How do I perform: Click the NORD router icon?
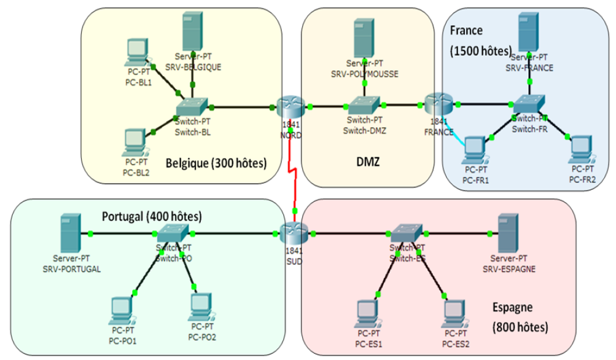click(289, 108)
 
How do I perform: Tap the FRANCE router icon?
click(438, 104)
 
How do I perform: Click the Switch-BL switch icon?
click(192, 107)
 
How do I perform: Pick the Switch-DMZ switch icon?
click(364, 106)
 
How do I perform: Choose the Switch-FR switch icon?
click(529, 104)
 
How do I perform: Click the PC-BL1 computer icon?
click(137, 53)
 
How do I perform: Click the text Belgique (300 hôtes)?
click(216, 163)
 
